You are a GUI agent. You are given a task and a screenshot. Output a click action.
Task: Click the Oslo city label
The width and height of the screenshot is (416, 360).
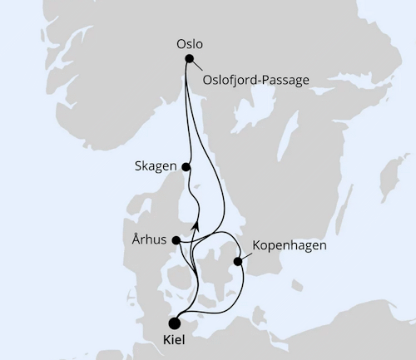pyautogui.click(x=190, y=43)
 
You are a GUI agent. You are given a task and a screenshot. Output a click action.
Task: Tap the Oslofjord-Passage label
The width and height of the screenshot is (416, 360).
pyautogui.click(x=255, y=80)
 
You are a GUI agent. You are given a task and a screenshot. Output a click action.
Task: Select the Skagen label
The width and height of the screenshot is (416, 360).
pyautogui.click(x=155, y=166)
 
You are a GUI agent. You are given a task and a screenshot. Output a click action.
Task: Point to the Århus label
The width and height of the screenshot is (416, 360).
pyautogui.click(x=150, y=240)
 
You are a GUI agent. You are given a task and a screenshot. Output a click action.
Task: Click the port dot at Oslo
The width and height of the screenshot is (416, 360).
pyautogui.click(x=190, y=58)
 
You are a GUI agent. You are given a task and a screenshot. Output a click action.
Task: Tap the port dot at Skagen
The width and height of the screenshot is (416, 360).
pyautogui.click(x=186, y=166)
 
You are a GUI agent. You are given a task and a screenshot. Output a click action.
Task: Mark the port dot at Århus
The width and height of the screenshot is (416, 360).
pyautogui.click(x=176, y=240)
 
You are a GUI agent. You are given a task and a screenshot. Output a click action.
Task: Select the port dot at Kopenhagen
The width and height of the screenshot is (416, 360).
pyautogui.click(x=239, y=261)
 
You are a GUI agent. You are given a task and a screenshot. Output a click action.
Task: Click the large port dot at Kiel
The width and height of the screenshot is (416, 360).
pyautogui.click(x=175, y=323)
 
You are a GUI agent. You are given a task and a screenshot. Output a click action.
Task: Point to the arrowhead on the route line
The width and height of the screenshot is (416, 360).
pyautogui.click(x=196, y=223)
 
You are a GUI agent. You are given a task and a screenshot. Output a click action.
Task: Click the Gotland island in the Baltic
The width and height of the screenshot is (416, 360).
pyautogui.click(x=384, y=183)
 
